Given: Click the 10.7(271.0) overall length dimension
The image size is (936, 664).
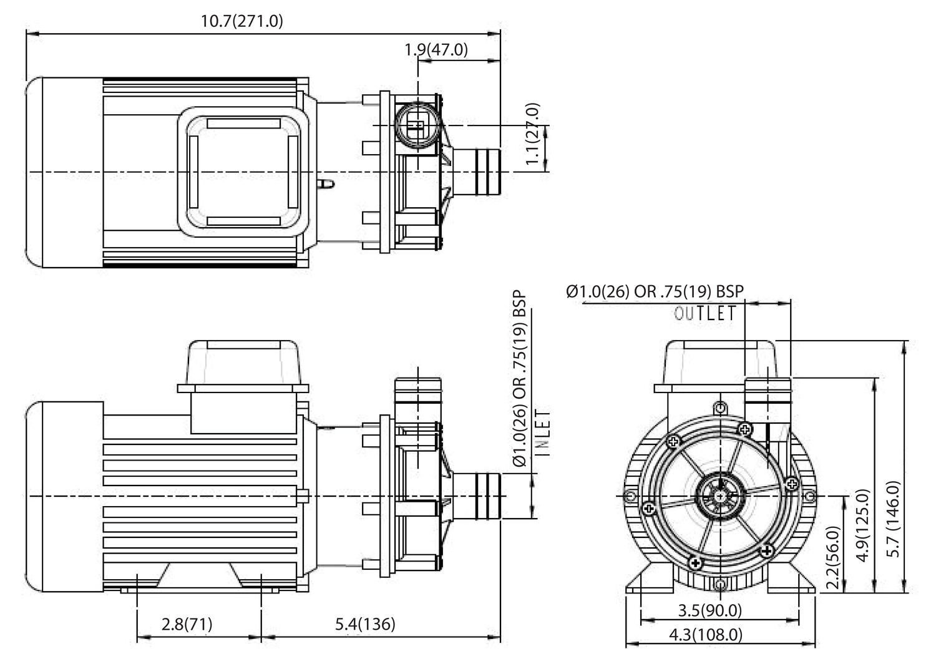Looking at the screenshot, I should pos(241,21).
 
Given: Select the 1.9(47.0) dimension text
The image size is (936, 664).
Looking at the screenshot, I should pos(436,50).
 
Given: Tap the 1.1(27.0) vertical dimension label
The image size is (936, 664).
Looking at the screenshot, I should pos(532,134).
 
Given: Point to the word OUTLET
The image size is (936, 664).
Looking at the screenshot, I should pos(705,313).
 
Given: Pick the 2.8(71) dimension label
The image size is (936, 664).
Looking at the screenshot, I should pos(187,623).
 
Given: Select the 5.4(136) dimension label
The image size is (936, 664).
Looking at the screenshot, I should pos(365,623).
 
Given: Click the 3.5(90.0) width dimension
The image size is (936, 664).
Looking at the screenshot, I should pos(709,610).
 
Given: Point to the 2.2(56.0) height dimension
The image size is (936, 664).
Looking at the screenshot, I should pos(832,557).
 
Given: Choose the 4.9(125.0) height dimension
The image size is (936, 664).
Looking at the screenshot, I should pos(863,525).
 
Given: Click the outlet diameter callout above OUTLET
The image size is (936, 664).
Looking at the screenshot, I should pos(655,291).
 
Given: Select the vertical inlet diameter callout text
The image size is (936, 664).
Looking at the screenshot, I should pos(519,379).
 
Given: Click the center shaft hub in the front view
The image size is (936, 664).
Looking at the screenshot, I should pos(721,496).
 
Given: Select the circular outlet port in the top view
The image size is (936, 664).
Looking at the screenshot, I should pos(416,126).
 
